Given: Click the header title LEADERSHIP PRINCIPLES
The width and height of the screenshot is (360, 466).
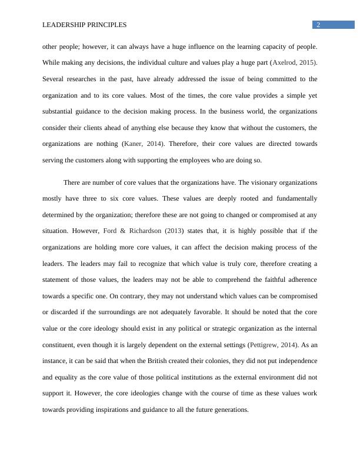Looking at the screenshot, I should click(85, 25).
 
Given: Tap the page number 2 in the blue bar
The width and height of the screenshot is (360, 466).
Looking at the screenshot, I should click(318, 25).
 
